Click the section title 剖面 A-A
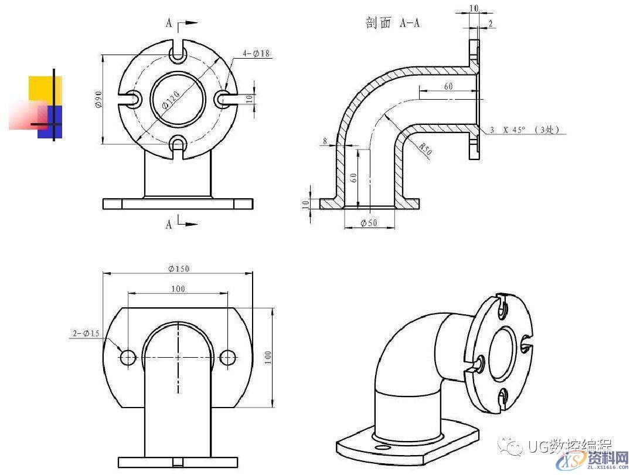(x=393, y=23)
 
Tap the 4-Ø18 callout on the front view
(x=256, y=53)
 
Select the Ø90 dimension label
(x=98, y=99)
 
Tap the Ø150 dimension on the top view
(x=178, y=269)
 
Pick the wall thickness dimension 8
(x=324, y=141)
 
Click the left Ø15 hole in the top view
(x=128, y=357)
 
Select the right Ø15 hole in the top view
(x=228, y=357)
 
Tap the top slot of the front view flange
(x=178, y=53)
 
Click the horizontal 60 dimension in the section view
(x=448, y=87)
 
